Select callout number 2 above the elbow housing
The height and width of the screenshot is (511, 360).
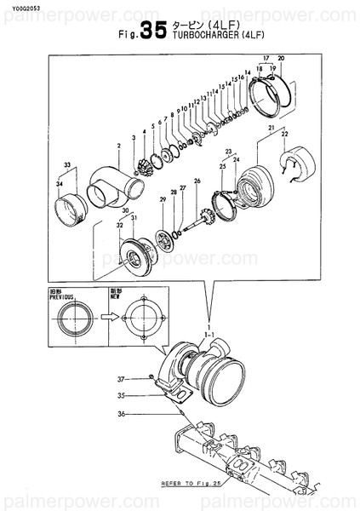click(x=118, y=146)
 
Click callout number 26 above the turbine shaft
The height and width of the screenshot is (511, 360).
click(x=197, y=181)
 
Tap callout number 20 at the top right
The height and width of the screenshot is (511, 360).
click(x=281, y=58)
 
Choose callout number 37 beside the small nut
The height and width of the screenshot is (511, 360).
click(x=122, y=378)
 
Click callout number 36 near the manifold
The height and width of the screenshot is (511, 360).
click(x=122, y=414)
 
